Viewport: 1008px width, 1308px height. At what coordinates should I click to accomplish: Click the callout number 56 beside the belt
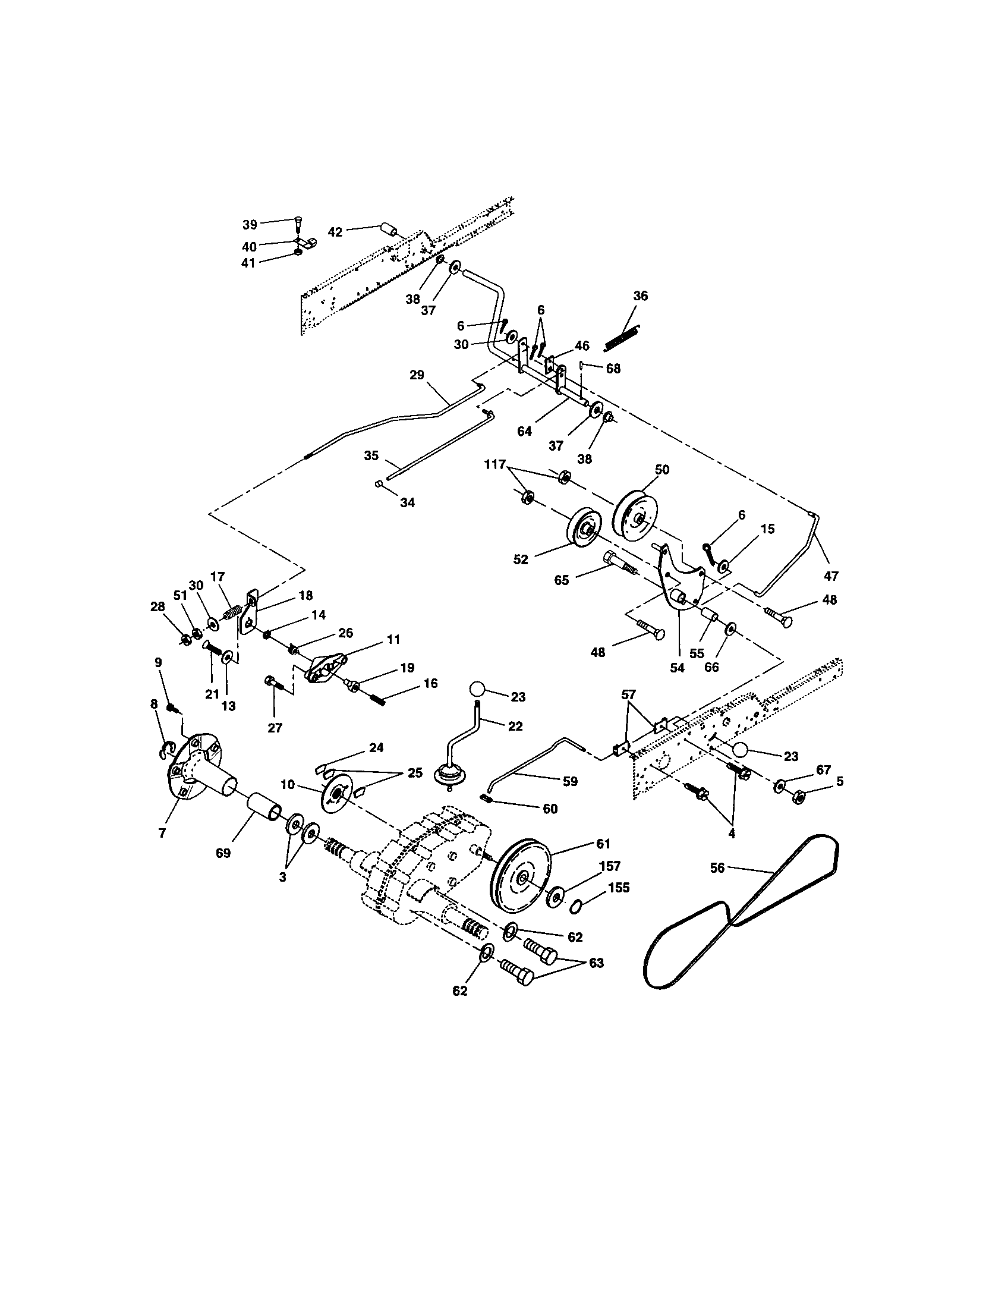(717, 867)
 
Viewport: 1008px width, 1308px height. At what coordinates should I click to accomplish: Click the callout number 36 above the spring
(641, 296)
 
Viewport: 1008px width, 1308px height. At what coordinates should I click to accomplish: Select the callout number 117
(494, 464)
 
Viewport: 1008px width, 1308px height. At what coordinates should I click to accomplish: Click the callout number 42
(335, 232)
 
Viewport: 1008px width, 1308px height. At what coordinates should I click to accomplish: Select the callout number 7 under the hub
(162, 833)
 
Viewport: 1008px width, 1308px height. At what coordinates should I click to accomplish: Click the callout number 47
(831, 576)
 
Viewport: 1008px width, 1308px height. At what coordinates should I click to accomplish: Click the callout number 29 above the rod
(417, 375)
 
